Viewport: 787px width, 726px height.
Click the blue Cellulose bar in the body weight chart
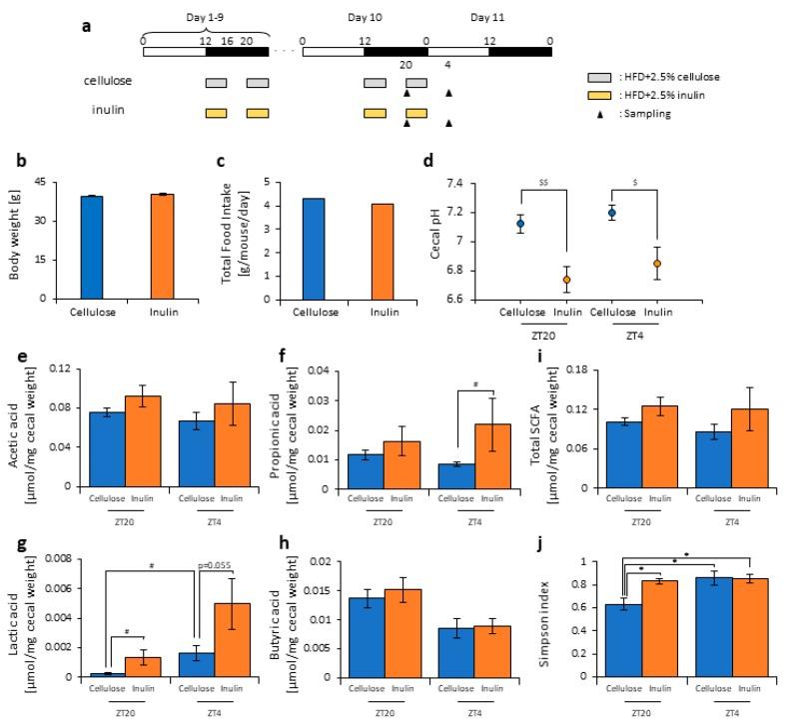click(x=91, y=247)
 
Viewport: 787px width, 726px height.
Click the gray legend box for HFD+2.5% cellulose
click(x=599, y=77)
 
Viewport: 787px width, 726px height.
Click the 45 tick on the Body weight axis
click(x=43, y=182)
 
